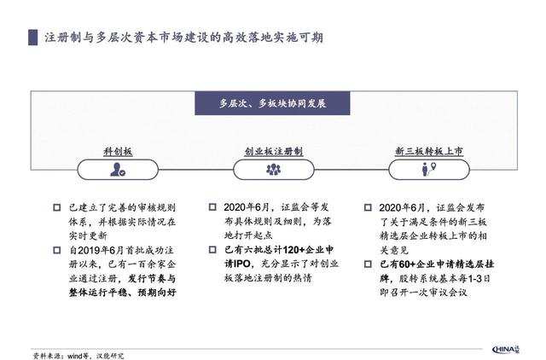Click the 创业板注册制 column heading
pos(273,150)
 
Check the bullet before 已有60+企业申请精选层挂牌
pos(368,265)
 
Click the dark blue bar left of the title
pos(32,39)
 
